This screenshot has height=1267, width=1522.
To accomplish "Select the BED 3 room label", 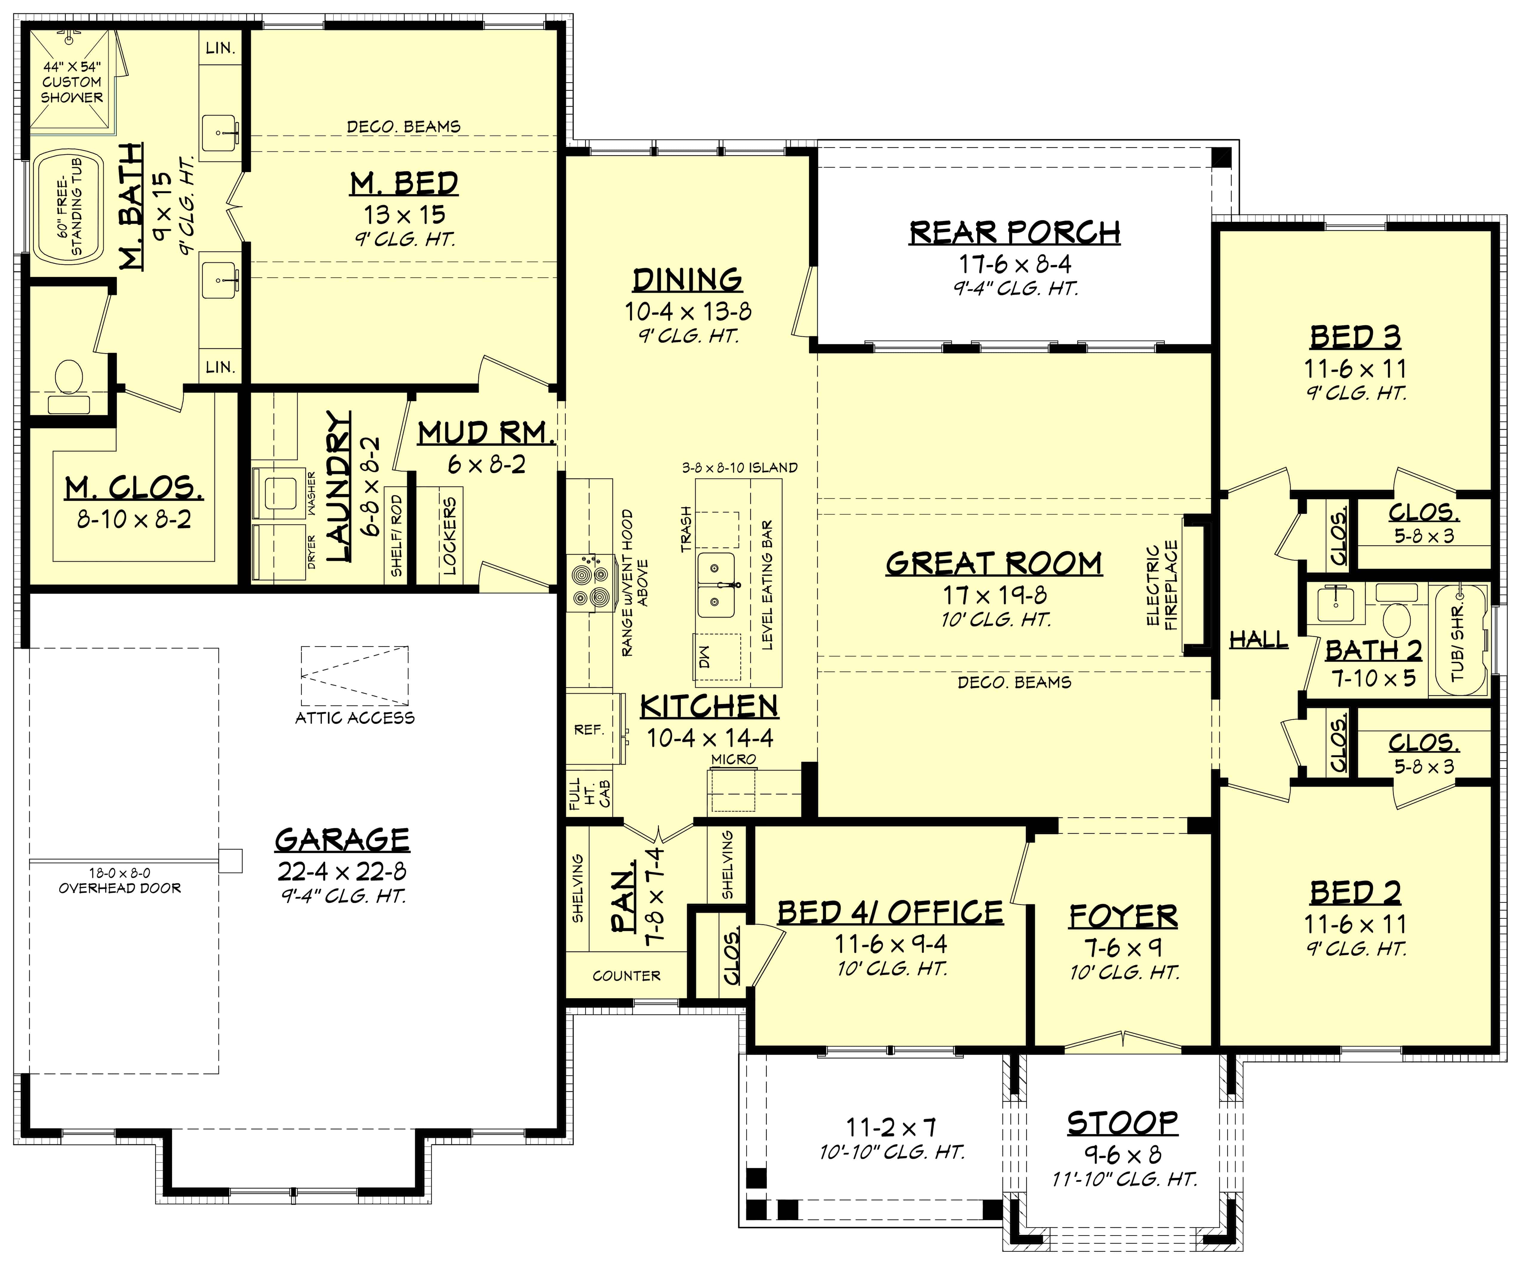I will point(1355,337).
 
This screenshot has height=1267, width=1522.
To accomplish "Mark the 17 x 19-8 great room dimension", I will point(994,595).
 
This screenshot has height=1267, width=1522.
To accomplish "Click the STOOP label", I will point(1122,1123).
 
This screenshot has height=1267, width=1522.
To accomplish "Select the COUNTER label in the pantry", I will point(626,976).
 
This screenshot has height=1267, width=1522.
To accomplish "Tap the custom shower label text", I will point(72,82).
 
